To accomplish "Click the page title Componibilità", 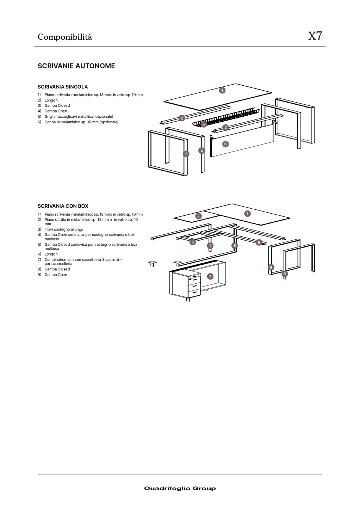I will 65,37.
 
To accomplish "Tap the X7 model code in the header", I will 315,36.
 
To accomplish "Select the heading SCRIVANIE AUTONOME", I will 76,66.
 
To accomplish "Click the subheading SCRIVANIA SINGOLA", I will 63,87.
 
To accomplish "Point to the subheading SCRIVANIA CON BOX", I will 63,206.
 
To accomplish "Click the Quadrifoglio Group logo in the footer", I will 180,488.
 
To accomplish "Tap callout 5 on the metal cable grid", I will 203,124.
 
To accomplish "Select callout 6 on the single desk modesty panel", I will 225,144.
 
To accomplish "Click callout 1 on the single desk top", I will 222,90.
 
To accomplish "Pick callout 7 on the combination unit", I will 210,276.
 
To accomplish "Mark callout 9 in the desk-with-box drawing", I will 285,274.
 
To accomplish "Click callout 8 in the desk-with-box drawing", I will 271,267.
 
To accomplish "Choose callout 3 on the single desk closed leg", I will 186,154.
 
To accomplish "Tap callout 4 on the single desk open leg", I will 201,151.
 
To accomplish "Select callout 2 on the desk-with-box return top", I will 198,216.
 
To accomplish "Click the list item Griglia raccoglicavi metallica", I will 79,117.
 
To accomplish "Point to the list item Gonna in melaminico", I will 81,122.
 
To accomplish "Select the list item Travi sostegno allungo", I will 64,229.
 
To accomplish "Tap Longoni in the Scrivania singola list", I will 51,100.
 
